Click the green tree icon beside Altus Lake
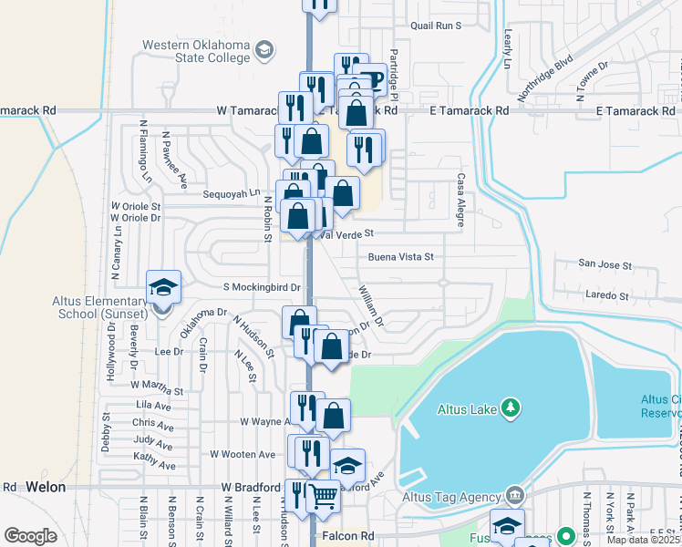513,408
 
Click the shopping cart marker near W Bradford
323,498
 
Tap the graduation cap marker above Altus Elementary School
164,286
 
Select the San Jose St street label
605,264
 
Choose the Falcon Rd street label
346,536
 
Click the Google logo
30,536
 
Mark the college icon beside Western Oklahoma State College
265,48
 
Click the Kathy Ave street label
153,456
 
